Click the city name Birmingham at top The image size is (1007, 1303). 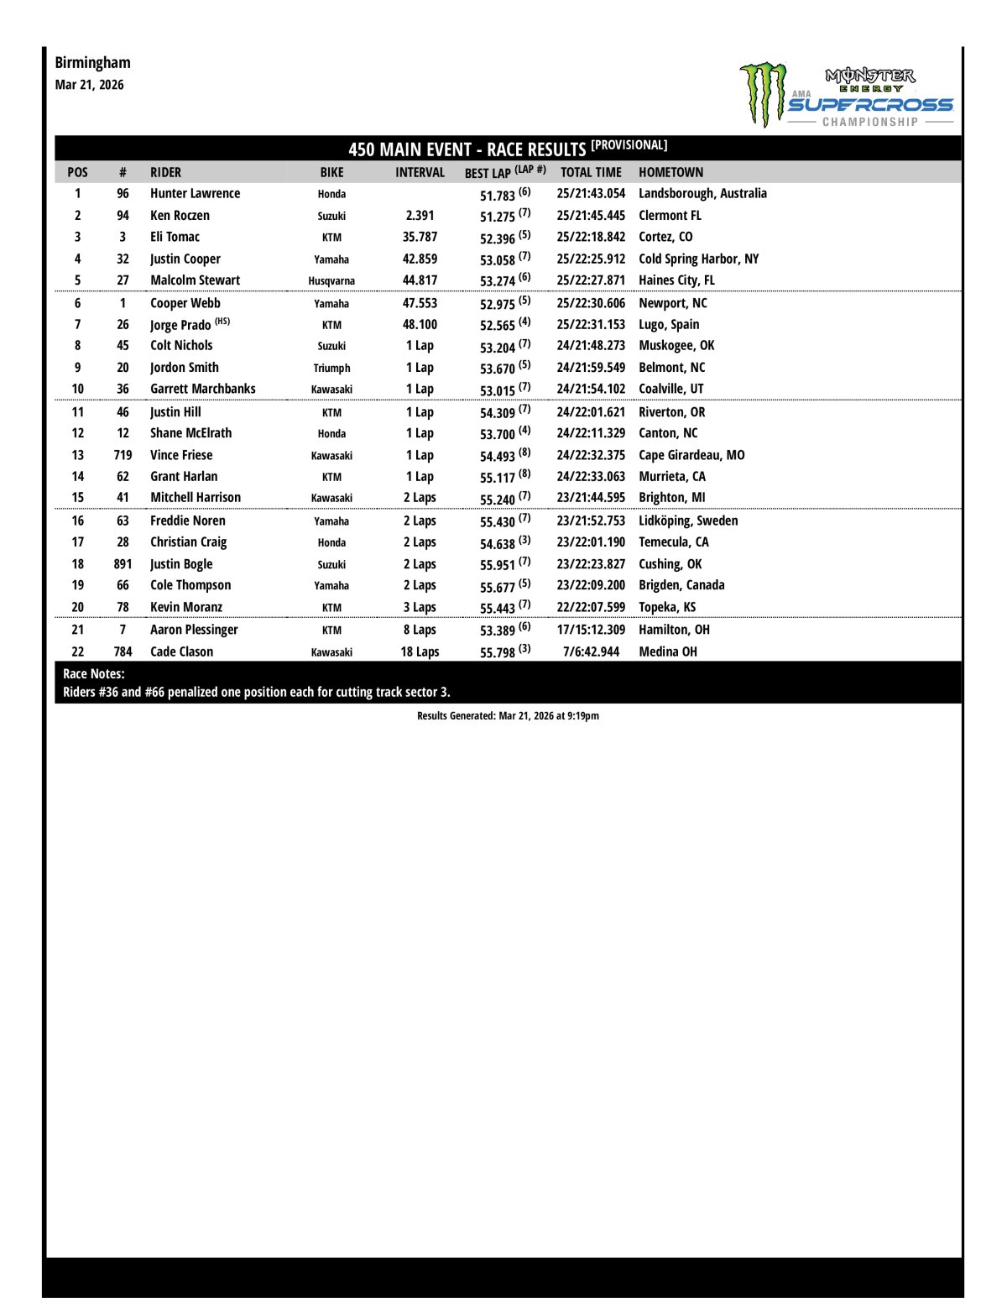[92, 62]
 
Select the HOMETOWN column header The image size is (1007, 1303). [670, 172]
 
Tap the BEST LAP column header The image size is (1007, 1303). [504, 172]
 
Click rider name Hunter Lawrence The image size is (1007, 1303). [195, 193]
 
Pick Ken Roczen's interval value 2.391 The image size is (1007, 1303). [420, 215]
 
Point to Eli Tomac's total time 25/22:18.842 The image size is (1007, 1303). [591, 237]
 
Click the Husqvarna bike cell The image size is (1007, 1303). [331, 280]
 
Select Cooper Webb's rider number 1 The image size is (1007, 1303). [123, 303]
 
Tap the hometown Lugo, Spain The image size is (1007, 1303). [669, 324]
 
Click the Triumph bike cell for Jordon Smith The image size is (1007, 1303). [331, 368]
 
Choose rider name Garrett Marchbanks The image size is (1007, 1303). [202, 389]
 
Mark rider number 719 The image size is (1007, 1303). [123, 455]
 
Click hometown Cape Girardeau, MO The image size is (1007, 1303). [691, 455]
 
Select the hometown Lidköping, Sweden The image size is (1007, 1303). [688, 521]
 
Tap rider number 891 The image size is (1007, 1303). [123, 564]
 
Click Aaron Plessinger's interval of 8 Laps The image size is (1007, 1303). [420, 630]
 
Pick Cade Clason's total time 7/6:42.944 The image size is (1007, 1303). [591, 651]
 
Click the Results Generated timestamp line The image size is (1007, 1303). [508, 716]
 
